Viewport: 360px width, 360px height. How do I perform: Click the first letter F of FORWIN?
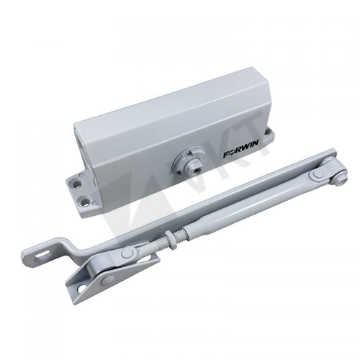(x=225, y=155)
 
